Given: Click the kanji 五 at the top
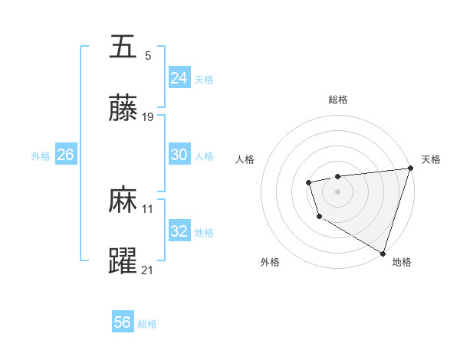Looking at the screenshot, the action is [x=123, y=47].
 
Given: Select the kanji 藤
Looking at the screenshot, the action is [x=123, y=109].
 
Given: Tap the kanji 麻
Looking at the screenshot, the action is [x=123, y=201].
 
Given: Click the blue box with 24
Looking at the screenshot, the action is [x=179, y=78].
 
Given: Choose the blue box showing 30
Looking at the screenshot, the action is [x=179, y=155].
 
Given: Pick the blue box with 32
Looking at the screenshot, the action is [x=179, y=231].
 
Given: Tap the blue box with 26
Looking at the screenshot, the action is [x=65, y=155].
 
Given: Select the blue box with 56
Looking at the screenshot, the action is [x=123, y=323].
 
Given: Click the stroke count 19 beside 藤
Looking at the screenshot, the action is [x=148, y=117].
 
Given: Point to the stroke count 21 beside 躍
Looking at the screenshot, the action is [x=148, y=270].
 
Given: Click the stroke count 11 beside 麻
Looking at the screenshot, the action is [x=148, y=208].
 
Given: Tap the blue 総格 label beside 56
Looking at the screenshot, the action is [x=147, y=324].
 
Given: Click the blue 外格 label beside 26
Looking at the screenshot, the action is [x=41, y=155].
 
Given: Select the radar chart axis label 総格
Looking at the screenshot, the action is [x=338, y=100].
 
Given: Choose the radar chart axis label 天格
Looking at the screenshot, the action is [x=431, y=159].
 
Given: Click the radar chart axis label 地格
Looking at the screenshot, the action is [x=402, y=262].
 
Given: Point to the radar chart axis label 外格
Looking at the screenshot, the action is [x=270, y=262].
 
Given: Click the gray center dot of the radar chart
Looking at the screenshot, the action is [x=338, y=190].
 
